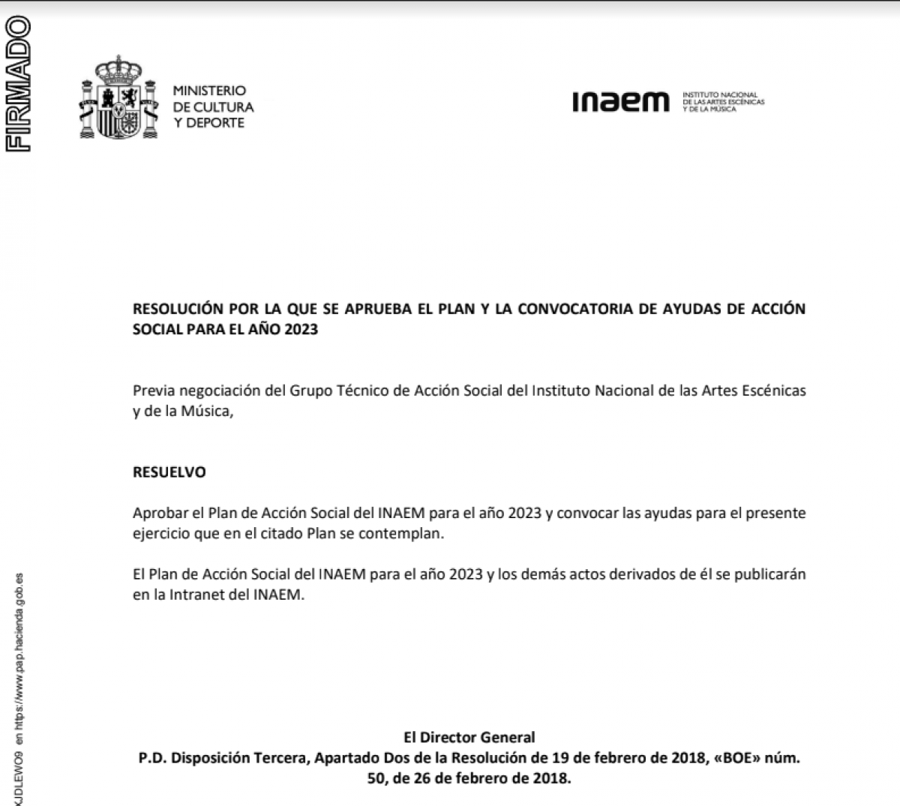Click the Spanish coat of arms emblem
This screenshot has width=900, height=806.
pos(118,97)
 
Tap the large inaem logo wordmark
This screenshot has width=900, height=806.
pos(620,102)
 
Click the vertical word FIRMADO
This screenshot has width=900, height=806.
pos(17,84)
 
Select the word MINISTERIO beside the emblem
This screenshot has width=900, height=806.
pos(209,91)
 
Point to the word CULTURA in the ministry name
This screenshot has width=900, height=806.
pos(223,107)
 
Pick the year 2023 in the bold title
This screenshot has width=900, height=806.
pos(301,329)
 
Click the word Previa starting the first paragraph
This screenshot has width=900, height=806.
pos(153,391)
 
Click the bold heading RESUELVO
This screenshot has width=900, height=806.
pos(169,472)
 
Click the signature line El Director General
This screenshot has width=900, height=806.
pos(469,738)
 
